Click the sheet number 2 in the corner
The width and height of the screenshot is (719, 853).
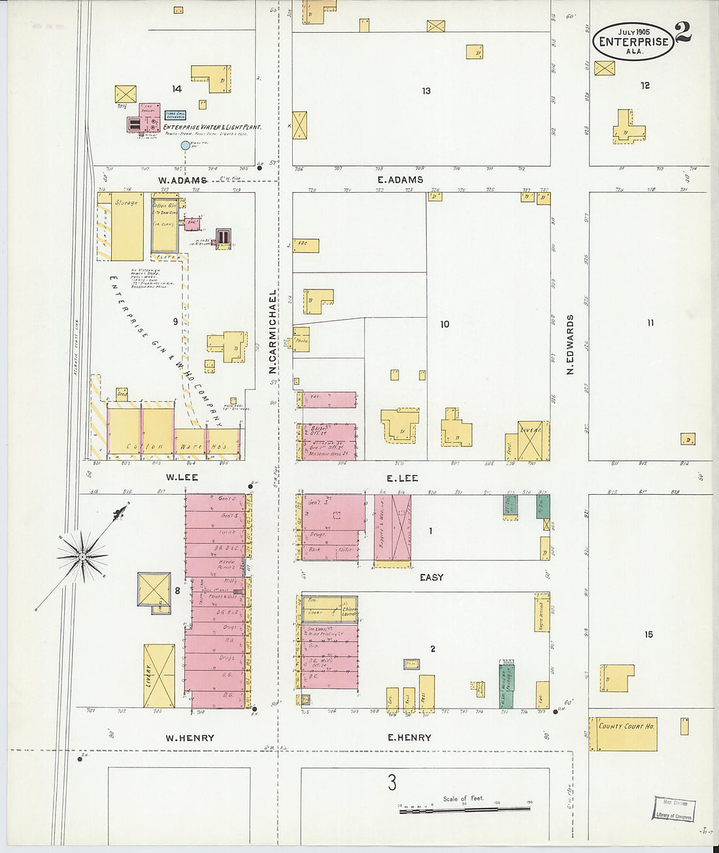683,32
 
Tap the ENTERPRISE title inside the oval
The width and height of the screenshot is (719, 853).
633,42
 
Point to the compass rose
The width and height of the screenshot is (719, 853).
82,556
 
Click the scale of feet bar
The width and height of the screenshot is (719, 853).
464,809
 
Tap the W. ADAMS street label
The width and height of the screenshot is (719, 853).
182,180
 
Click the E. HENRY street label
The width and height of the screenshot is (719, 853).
409,737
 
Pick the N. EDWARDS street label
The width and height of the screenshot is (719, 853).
570,344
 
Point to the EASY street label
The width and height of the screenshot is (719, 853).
431,577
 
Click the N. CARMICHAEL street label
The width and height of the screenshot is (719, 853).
273,332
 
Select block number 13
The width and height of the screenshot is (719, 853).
426,91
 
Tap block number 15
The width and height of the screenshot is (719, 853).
648,634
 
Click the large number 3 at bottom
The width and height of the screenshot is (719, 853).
392,782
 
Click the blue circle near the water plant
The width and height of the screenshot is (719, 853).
186,146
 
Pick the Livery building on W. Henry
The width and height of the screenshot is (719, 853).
159,676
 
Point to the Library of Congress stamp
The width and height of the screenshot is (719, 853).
675,809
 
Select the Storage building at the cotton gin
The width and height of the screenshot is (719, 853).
127,226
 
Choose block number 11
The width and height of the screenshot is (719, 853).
650,323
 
